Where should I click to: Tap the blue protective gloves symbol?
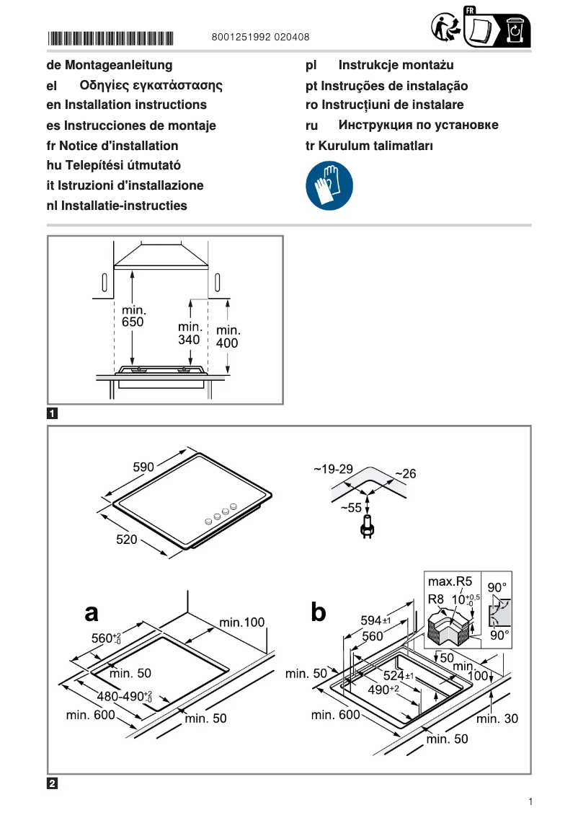tap(329, 186)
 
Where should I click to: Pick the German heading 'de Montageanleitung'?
tap(110, 66)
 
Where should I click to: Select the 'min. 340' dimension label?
tap(190, 333)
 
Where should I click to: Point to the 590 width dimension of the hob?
tap(143, 467)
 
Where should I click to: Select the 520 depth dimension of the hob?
tap(127, 539)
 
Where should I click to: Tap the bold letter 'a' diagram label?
tap(92, 612)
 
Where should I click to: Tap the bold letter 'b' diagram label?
tap(318, 612)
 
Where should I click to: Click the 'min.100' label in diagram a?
tap(242, 623)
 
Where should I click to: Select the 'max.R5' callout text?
tap(450, 581)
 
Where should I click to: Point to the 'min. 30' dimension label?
tap(497, 718)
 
